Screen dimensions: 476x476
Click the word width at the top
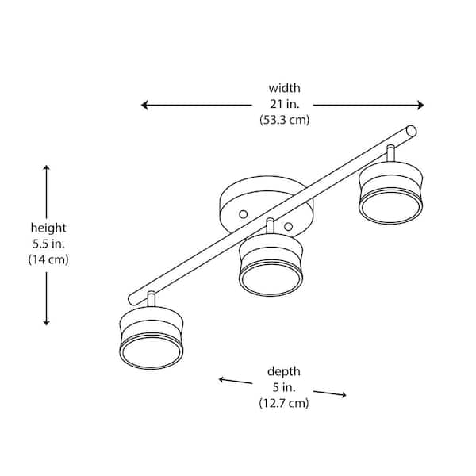[284, 88]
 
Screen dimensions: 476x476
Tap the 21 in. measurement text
[284, 104]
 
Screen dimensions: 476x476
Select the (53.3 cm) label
[284, 121]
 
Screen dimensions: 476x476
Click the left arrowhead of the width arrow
[144, 105]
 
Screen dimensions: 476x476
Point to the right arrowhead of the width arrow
[420, 105]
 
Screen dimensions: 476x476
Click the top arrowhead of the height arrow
[47, 168]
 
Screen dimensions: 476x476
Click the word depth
[284, 371]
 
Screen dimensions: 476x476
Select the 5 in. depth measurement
[284, 387]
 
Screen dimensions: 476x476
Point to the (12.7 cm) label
[284, 403]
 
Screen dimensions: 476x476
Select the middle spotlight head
[271, 267]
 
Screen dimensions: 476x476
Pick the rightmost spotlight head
[390, 195]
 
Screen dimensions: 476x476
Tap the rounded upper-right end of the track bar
[411, 129]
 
